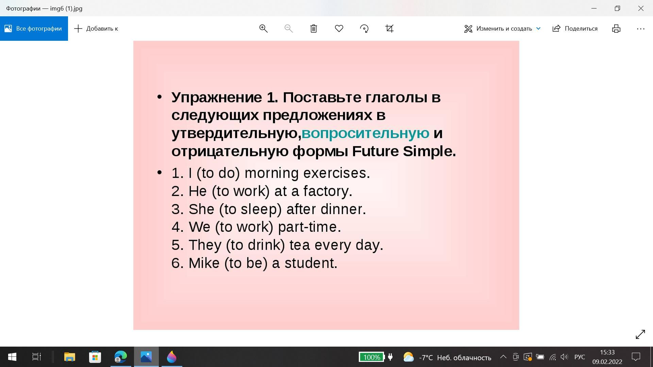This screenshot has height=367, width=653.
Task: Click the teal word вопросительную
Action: click(365, 133)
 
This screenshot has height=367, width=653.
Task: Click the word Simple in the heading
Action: click(429, 151)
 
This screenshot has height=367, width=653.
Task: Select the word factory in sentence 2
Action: click(328, 191)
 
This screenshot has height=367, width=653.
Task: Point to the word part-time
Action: click(309, 227)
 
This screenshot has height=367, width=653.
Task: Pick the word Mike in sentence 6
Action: click(204, 263)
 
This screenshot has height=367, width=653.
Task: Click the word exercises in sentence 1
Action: click(336, 173)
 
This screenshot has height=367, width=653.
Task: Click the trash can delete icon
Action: click(314, 29)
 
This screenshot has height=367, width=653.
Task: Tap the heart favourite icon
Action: click(339, 29)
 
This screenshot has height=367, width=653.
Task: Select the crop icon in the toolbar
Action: click(389, 29)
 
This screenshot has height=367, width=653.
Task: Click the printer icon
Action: click(616, 29)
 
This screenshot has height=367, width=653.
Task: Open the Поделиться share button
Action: click(575, 29)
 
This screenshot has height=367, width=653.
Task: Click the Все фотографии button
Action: click(34, 29)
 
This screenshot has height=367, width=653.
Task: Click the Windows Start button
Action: click(12, 357)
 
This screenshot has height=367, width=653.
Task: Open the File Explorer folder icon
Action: click(69, 357)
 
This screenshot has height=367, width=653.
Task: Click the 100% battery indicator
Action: click(371, 357)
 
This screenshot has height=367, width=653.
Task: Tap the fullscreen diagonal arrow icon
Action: click(640, 334)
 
